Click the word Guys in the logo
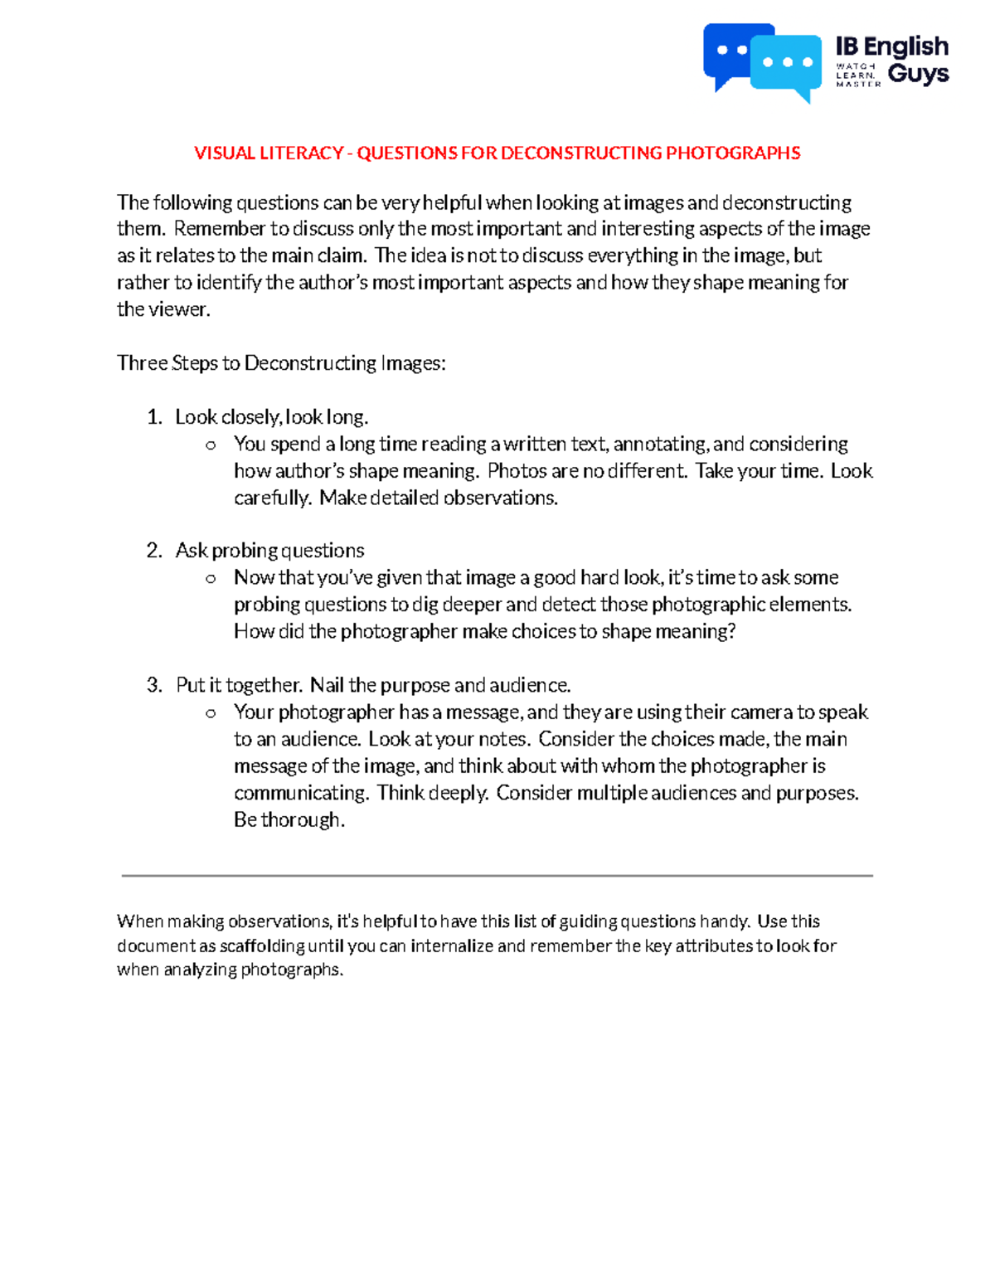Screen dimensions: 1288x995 (x=918, y=74)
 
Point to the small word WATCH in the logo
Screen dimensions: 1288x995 (x=856, y=66)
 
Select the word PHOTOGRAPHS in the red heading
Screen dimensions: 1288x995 (x=733, y=153)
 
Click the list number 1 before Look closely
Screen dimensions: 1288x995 (x=154, y=416)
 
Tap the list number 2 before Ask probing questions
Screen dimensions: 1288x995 (x=154, y=551)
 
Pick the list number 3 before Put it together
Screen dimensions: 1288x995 (x=154, y=685)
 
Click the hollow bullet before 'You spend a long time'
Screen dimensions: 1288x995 (x=211, y=445)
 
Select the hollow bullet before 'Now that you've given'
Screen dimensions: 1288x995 (x=211, y=579)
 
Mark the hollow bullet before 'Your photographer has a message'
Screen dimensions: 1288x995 (x=211, y=713)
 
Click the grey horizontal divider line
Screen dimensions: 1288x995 (x=498, y=875)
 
